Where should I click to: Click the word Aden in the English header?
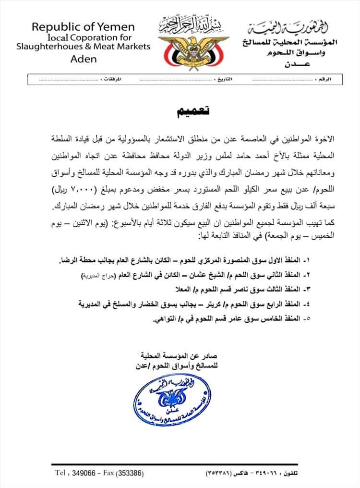click(83, 59)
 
